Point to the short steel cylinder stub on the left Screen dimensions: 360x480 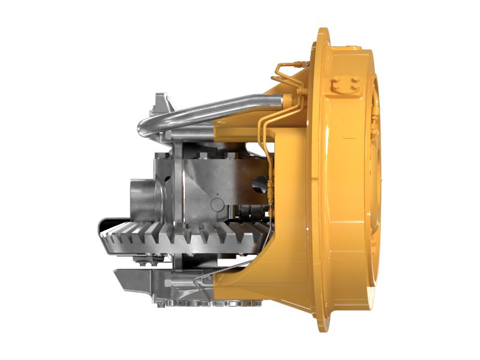click(x=142, y=197)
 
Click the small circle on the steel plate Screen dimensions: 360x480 click(x=217, y=205)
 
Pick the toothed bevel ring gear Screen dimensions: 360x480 click(x=186, y=237)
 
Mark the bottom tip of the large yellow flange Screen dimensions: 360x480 click(x=325, y=329)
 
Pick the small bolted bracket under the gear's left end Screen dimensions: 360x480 click(x=145, y=260)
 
